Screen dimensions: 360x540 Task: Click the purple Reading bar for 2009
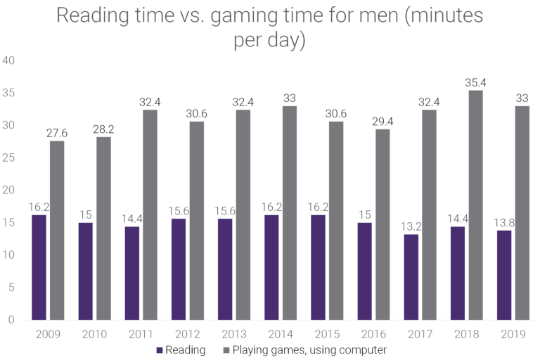[39, 267]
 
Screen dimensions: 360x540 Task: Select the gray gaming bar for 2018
[476, 205]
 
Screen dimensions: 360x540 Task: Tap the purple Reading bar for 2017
[411, 277]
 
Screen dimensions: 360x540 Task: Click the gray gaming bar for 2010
[103, 228]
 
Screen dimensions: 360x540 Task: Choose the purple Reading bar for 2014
[271, 267]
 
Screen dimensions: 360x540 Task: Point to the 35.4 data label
[476, 83]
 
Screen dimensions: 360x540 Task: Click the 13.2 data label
[411, 226]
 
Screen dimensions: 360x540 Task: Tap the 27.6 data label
[57, 133]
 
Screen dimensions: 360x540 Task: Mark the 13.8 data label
[504, 222]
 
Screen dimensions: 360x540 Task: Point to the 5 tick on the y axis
[11, 288]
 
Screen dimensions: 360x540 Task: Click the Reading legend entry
[181, 349]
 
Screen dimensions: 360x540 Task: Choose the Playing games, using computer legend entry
[304, 349]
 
